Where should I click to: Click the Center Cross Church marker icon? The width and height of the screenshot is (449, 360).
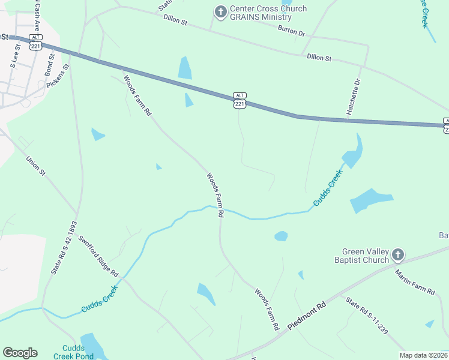click(x=221, y=11)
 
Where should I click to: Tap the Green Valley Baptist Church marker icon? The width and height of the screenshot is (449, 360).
click(x=397, y=256)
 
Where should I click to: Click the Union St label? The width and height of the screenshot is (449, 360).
click(x=35, y=166)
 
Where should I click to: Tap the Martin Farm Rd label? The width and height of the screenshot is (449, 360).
click(x=414, y=282)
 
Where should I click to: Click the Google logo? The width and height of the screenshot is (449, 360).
click(x=20, y=353)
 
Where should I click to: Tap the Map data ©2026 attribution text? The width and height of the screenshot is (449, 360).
click(x=423, y=355)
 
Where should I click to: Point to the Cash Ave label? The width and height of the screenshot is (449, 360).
click(x=37, y=18)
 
